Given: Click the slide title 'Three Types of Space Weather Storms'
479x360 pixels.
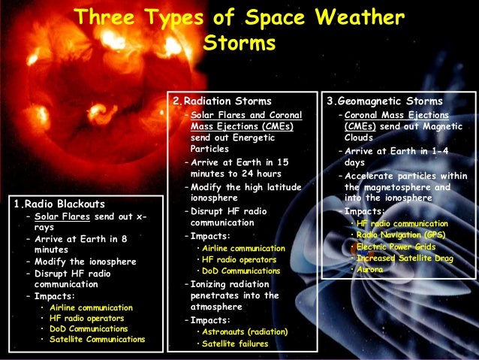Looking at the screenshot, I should click(239, 29).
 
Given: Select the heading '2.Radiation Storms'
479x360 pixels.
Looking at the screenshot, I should click(222, 101).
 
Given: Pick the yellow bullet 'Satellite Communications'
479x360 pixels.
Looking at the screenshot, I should click(97, 339).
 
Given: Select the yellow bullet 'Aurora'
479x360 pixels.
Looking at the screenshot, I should click(369, 269).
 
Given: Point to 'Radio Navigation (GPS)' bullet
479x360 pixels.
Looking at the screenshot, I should click(401, 235).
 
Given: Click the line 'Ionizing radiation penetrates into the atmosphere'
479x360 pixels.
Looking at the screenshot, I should click(233, 295).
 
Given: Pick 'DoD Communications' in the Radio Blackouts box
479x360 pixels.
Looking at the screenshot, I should click(89, 328).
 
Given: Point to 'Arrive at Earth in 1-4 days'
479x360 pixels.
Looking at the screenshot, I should click(395, 156).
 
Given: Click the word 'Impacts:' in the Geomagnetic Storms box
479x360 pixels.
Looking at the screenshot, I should click(363, 212).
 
